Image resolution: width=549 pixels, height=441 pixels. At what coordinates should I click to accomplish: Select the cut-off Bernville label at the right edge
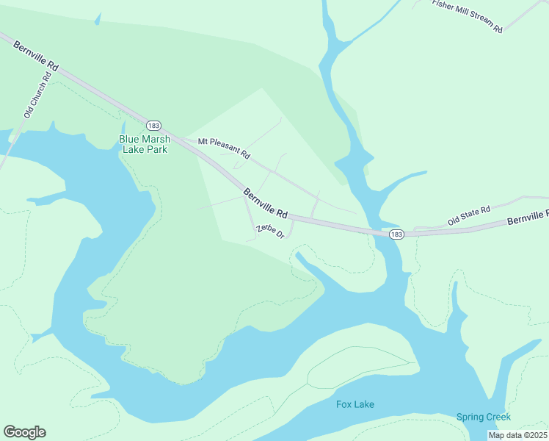[528, 217]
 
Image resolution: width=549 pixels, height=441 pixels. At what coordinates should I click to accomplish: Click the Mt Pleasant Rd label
[224, 148]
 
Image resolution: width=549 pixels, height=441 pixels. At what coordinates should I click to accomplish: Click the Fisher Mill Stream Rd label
[468, 16]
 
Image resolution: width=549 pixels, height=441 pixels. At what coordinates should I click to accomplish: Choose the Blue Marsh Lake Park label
[145, 144]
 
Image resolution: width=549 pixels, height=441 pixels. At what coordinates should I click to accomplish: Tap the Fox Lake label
[355, 404]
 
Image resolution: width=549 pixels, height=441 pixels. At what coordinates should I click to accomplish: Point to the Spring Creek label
[483, 417]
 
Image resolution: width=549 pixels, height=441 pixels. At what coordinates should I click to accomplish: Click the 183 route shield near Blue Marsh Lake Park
[153, 125]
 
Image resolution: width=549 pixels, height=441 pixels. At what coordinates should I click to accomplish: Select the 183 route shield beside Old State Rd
[396, 234]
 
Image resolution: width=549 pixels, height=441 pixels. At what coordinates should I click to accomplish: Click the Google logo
[24, 432]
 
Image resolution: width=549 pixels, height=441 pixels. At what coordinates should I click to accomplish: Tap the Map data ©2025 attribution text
[517, 435]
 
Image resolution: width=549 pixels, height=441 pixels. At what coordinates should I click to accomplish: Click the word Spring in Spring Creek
[470, 417]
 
